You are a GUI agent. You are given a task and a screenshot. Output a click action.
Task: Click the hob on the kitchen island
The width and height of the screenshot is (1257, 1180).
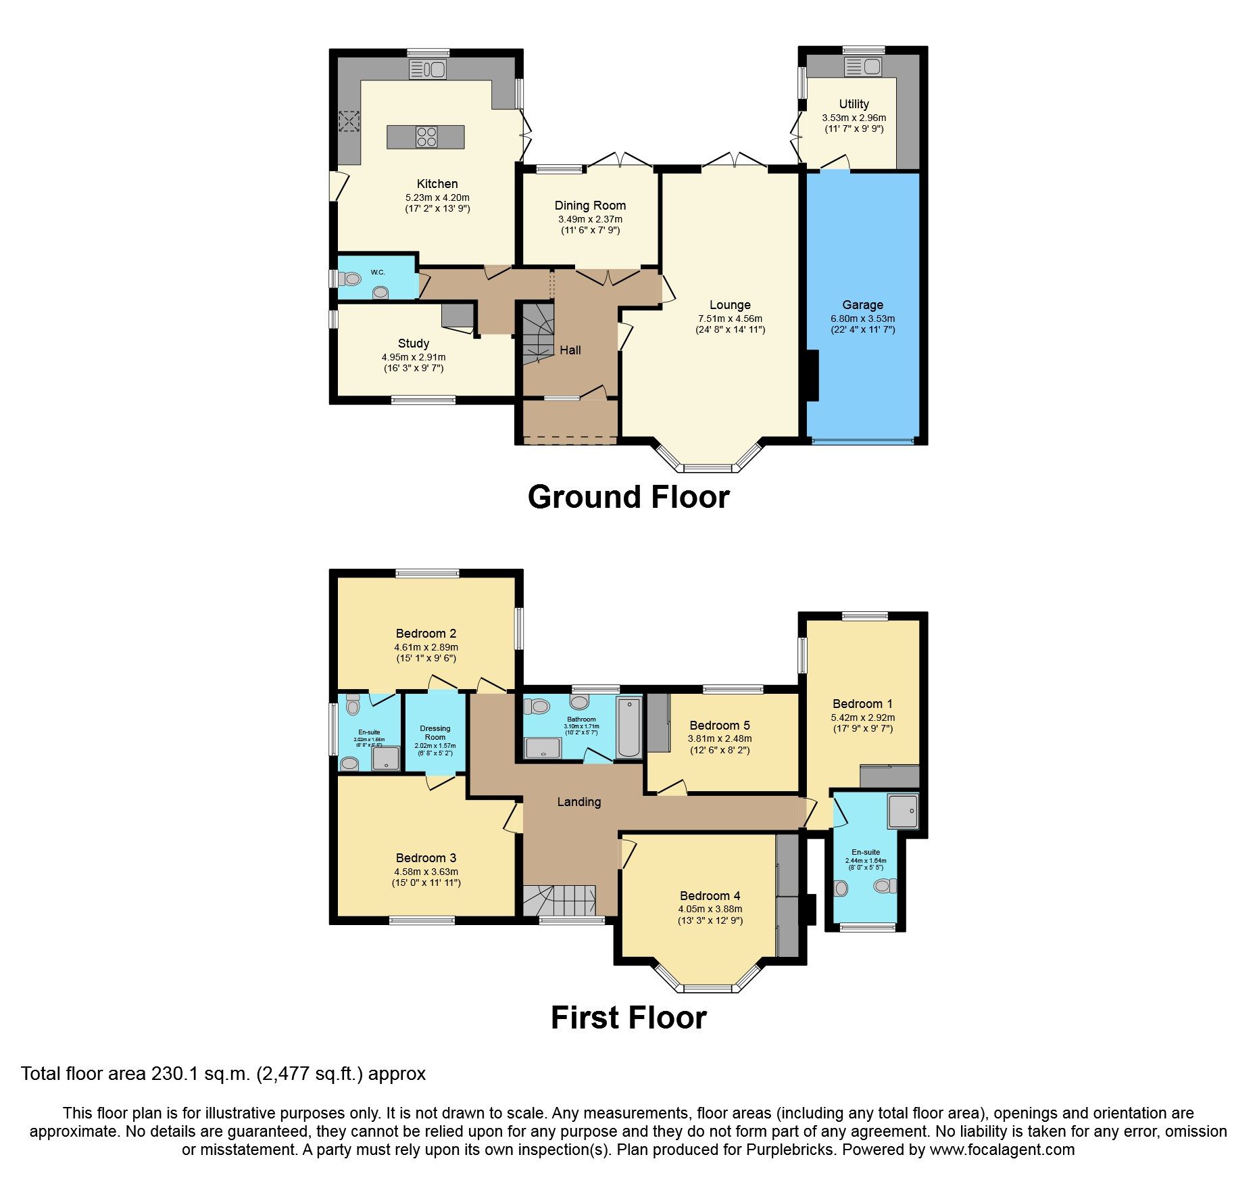coord(426,137)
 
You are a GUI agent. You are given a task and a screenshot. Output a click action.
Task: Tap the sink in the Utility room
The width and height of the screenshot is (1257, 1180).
coord(864,66)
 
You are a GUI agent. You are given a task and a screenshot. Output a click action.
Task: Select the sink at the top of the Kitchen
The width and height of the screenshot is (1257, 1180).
coord(428,69)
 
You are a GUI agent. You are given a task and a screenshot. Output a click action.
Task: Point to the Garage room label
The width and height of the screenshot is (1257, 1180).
coord(862,305)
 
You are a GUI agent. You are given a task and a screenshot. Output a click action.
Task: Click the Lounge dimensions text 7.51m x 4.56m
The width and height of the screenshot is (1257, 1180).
coord(730,318)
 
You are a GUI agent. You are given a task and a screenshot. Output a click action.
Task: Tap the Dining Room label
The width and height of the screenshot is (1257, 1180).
coord(590,206)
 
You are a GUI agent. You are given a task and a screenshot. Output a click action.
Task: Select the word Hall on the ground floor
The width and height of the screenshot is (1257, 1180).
coord(570,350)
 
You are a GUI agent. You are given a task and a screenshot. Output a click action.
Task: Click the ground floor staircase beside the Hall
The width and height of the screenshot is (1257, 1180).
coord(538,334)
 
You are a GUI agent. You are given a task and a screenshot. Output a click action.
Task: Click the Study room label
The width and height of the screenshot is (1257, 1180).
coord(413,344)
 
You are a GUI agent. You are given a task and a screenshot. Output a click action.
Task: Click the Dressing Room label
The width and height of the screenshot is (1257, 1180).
coord(435,733)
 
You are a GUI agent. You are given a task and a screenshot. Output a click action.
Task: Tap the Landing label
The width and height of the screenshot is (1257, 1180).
coord(578,802)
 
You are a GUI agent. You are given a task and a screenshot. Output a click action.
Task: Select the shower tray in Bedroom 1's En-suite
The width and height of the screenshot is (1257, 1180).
coord(904,811)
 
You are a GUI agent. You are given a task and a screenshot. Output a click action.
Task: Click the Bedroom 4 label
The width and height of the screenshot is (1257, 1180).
coord(710,896)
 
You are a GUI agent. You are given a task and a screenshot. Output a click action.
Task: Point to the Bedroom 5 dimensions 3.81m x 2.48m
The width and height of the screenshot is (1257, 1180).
coord(720,739)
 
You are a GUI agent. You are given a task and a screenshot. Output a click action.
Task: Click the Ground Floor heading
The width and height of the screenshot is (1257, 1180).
coord(628,497)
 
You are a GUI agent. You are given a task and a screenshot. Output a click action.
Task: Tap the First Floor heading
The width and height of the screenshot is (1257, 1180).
coord(628,1018)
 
